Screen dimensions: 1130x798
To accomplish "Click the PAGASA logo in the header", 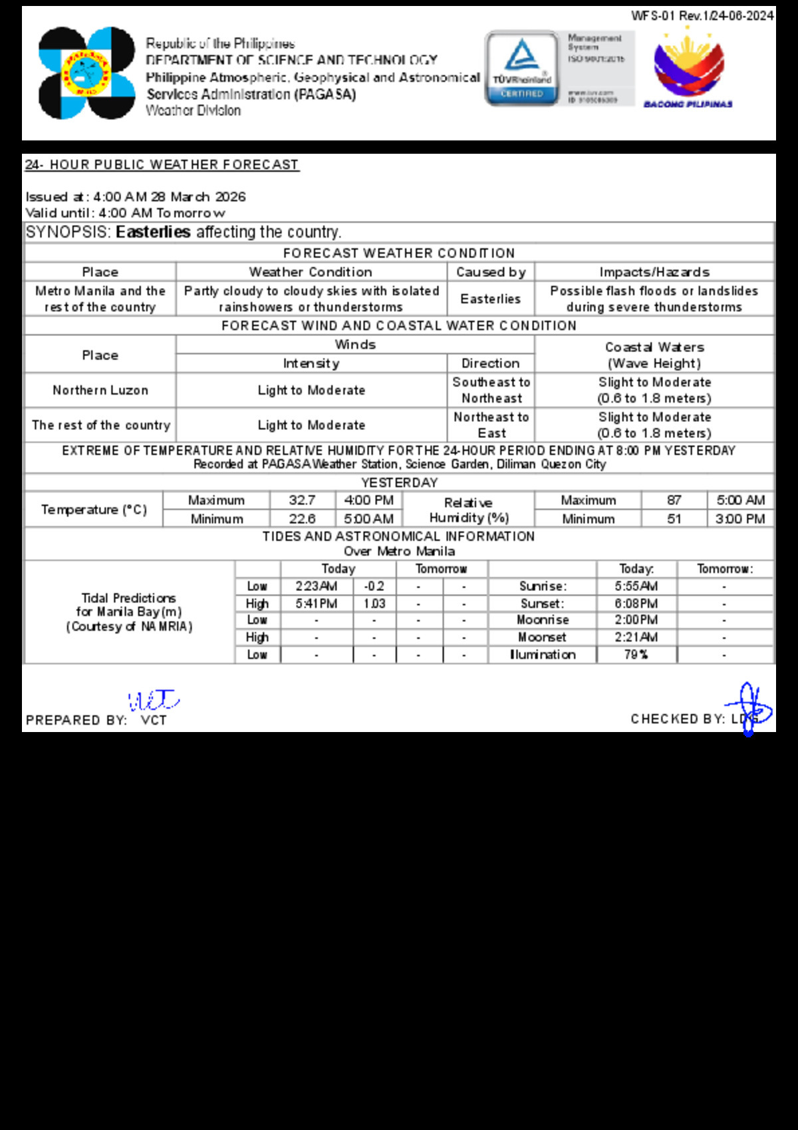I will (x=86, y=73).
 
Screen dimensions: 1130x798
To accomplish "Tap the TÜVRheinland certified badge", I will (x=522, y=68).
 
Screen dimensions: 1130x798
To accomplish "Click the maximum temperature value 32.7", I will (x=302, y=500).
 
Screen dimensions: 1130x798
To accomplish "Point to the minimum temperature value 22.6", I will (x=302, y=519).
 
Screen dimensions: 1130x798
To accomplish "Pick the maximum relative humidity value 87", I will (x=674, y=500).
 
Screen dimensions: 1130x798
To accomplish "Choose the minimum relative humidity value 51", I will (x=674, y=519).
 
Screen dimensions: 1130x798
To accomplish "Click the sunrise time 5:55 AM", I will (x=636, y=586).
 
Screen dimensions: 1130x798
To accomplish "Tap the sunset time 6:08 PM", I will (x=636, y=604).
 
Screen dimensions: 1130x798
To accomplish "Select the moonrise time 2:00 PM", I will (x=636, y=620).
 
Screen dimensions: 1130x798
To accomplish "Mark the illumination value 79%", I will (x=636, y=655).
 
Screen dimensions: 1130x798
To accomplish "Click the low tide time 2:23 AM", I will (x=317, y=586).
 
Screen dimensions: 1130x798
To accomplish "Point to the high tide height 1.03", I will (x=374, y=604).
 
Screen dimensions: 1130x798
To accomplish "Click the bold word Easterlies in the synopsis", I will (x=153, y=232).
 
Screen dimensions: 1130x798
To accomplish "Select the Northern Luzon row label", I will (x=100, y=391).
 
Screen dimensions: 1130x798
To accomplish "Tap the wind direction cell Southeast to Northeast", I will (x=491, y=391).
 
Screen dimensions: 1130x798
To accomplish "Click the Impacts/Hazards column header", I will (x=654, y=272).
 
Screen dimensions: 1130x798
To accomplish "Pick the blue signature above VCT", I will (x=153, y=700).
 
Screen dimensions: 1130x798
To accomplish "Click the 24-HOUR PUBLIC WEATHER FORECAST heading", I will (x=162, y=165).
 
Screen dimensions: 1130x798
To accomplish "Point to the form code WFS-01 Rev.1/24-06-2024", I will (x=702, y=16).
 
